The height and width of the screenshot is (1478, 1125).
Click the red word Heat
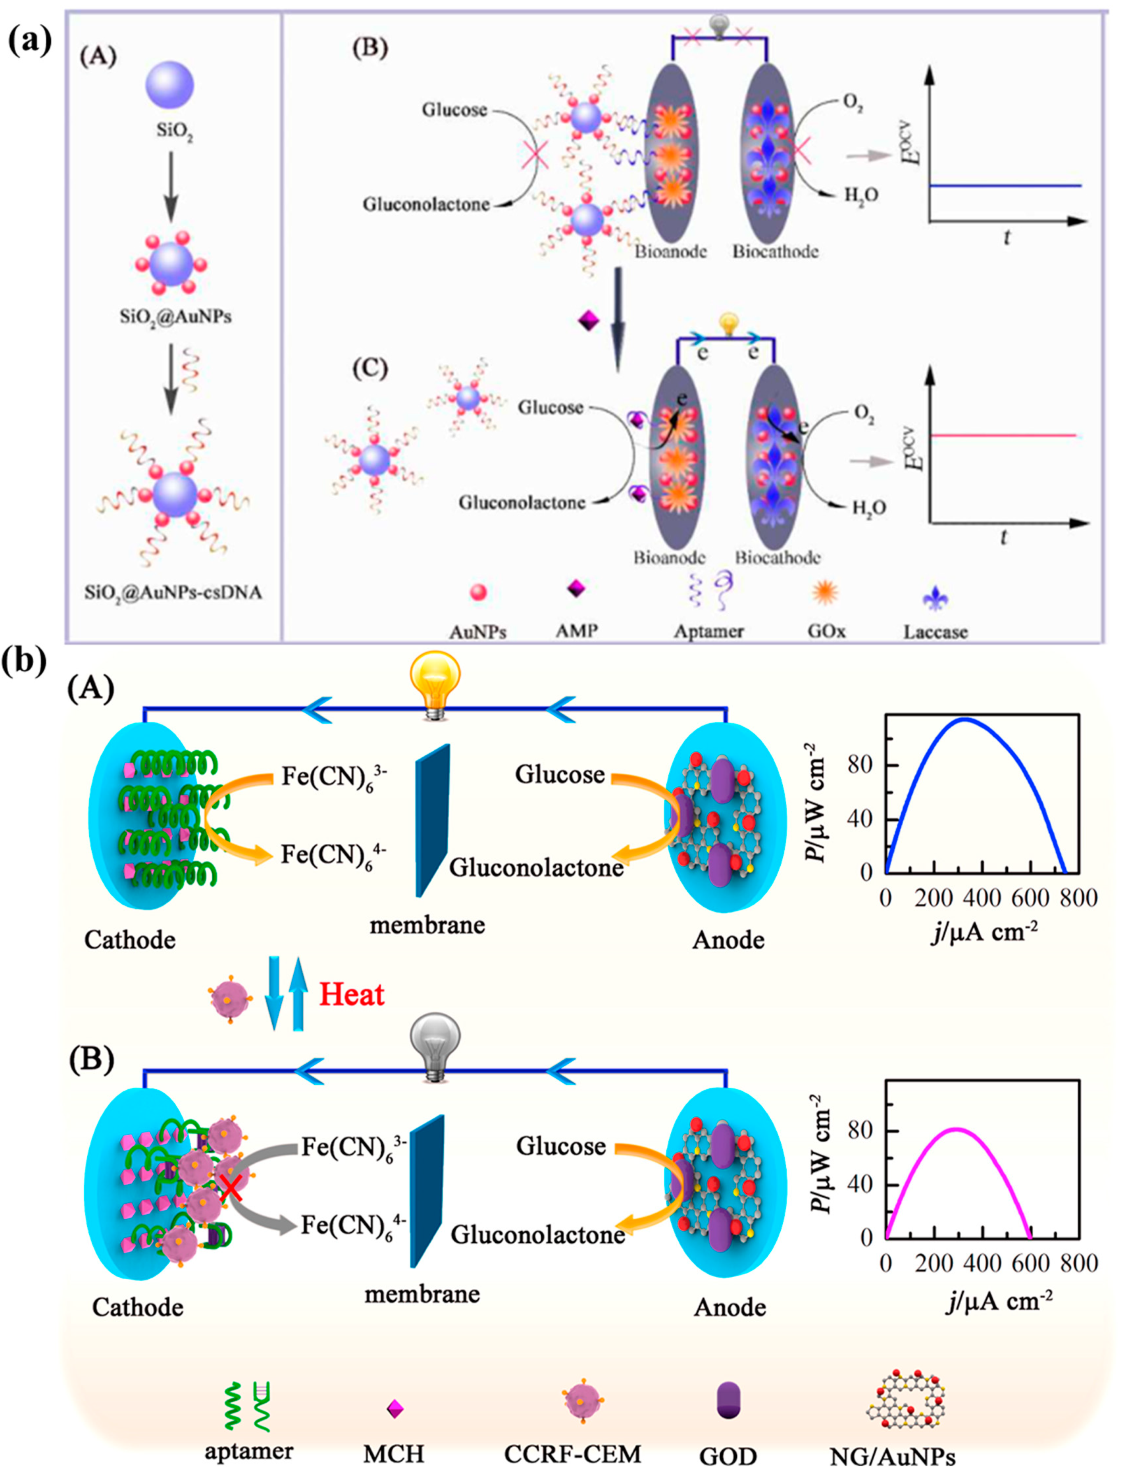pos(352,995)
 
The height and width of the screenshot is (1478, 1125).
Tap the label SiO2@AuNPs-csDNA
pos(173,593)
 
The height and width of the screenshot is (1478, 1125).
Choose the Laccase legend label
pos(935,631)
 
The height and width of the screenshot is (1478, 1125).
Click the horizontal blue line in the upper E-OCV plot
pos(1004,186)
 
